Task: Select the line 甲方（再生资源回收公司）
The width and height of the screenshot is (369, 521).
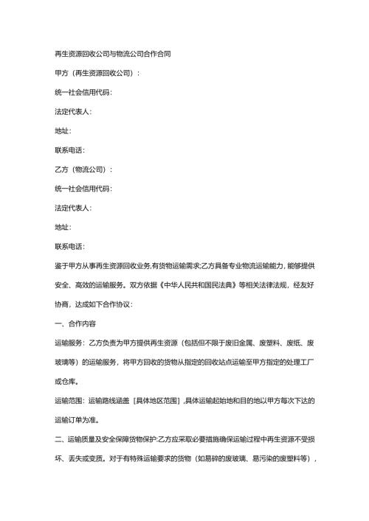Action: [93, 74]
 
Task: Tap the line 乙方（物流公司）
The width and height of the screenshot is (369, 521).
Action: [78, 169]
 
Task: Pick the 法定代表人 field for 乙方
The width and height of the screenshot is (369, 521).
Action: [69, 208]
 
